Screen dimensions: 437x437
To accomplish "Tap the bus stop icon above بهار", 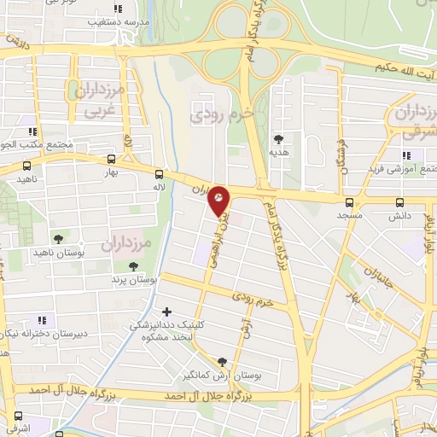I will pos(112,159).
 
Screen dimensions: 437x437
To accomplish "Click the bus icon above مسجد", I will pos(348,202).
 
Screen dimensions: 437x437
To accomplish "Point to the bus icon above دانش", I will pos(400,202).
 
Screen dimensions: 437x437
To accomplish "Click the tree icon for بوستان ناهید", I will pos(58,239).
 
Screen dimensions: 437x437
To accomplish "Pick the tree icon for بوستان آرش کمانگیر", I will pos(223,362).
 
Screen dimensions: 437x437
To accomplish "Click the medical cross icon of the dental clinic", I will pos(166,312).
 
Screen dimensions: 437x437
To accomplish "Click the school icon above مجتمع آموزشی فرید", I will pos(406,154).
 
